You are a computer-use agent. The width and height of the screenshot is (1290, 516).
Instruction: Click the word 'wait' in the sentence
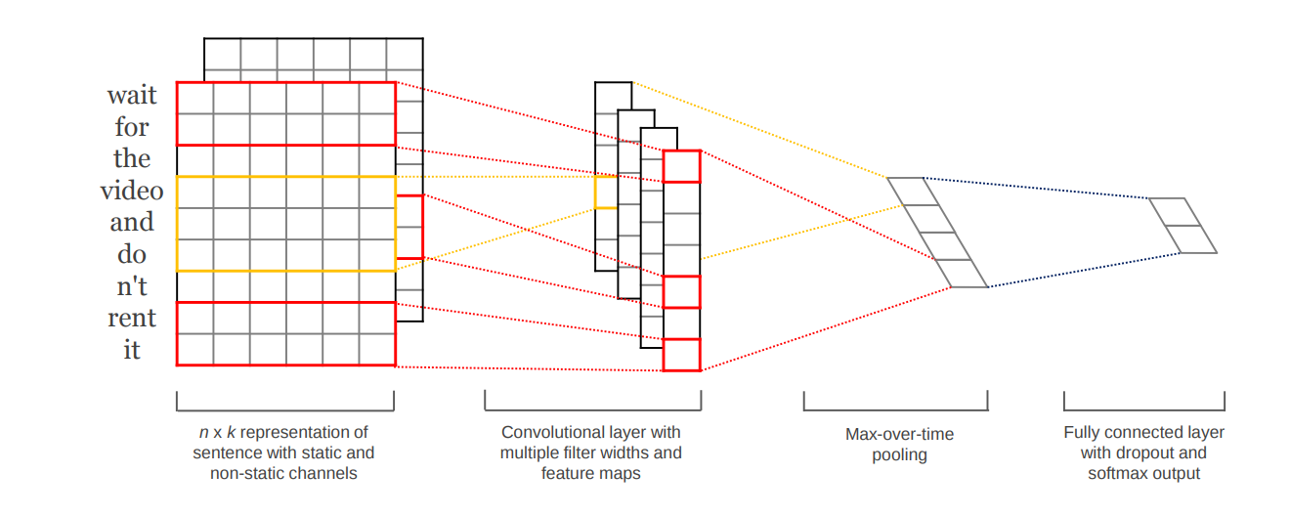tap(132, 96)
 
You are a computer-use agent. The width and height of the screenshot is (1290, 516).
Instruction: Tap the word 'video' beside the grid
tap(132, 191)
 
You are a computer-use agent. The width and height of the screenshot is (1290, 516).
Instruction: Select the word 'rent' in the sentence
tap(132, 319)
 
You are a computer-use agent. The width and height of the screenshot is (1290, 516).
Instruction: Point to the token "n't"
tap(132, 286)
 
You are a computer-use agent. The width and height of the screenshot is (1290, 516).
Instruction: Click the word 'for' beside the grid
tap(132, 127)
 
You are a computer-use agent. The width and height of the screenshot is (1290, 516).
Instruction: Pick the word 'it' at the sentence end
tap(132, 350)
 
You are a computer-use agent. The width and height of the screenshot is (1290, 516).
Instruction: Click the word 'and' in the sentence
tap(132, 222)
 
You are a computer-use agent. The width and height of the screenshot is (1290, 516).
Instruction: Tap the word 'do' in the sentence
tap(132, 254)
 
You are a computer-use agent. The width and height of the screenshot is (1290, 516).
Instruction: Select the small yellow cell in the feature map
tap(606, 193)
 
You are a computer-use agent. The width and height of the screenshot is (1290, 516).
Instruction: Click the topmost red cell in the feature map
tap(681, 166)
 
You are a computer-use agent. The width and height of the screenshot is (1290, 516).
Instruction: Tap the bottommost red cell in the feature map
tap(681, 355)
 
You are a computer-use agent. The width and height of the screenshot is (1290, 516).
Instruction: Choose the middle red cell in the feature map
tap(681, 292)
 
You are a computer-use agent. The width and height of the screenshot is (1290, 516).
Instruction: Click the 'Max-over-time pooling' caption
tap(899, 444)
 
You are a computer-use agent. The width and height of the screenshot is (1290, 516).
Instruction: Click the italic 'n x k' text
tap(218, 432)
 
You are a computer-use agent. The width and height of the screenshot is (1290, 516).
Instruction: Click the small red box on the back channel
tap(409, 227)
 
